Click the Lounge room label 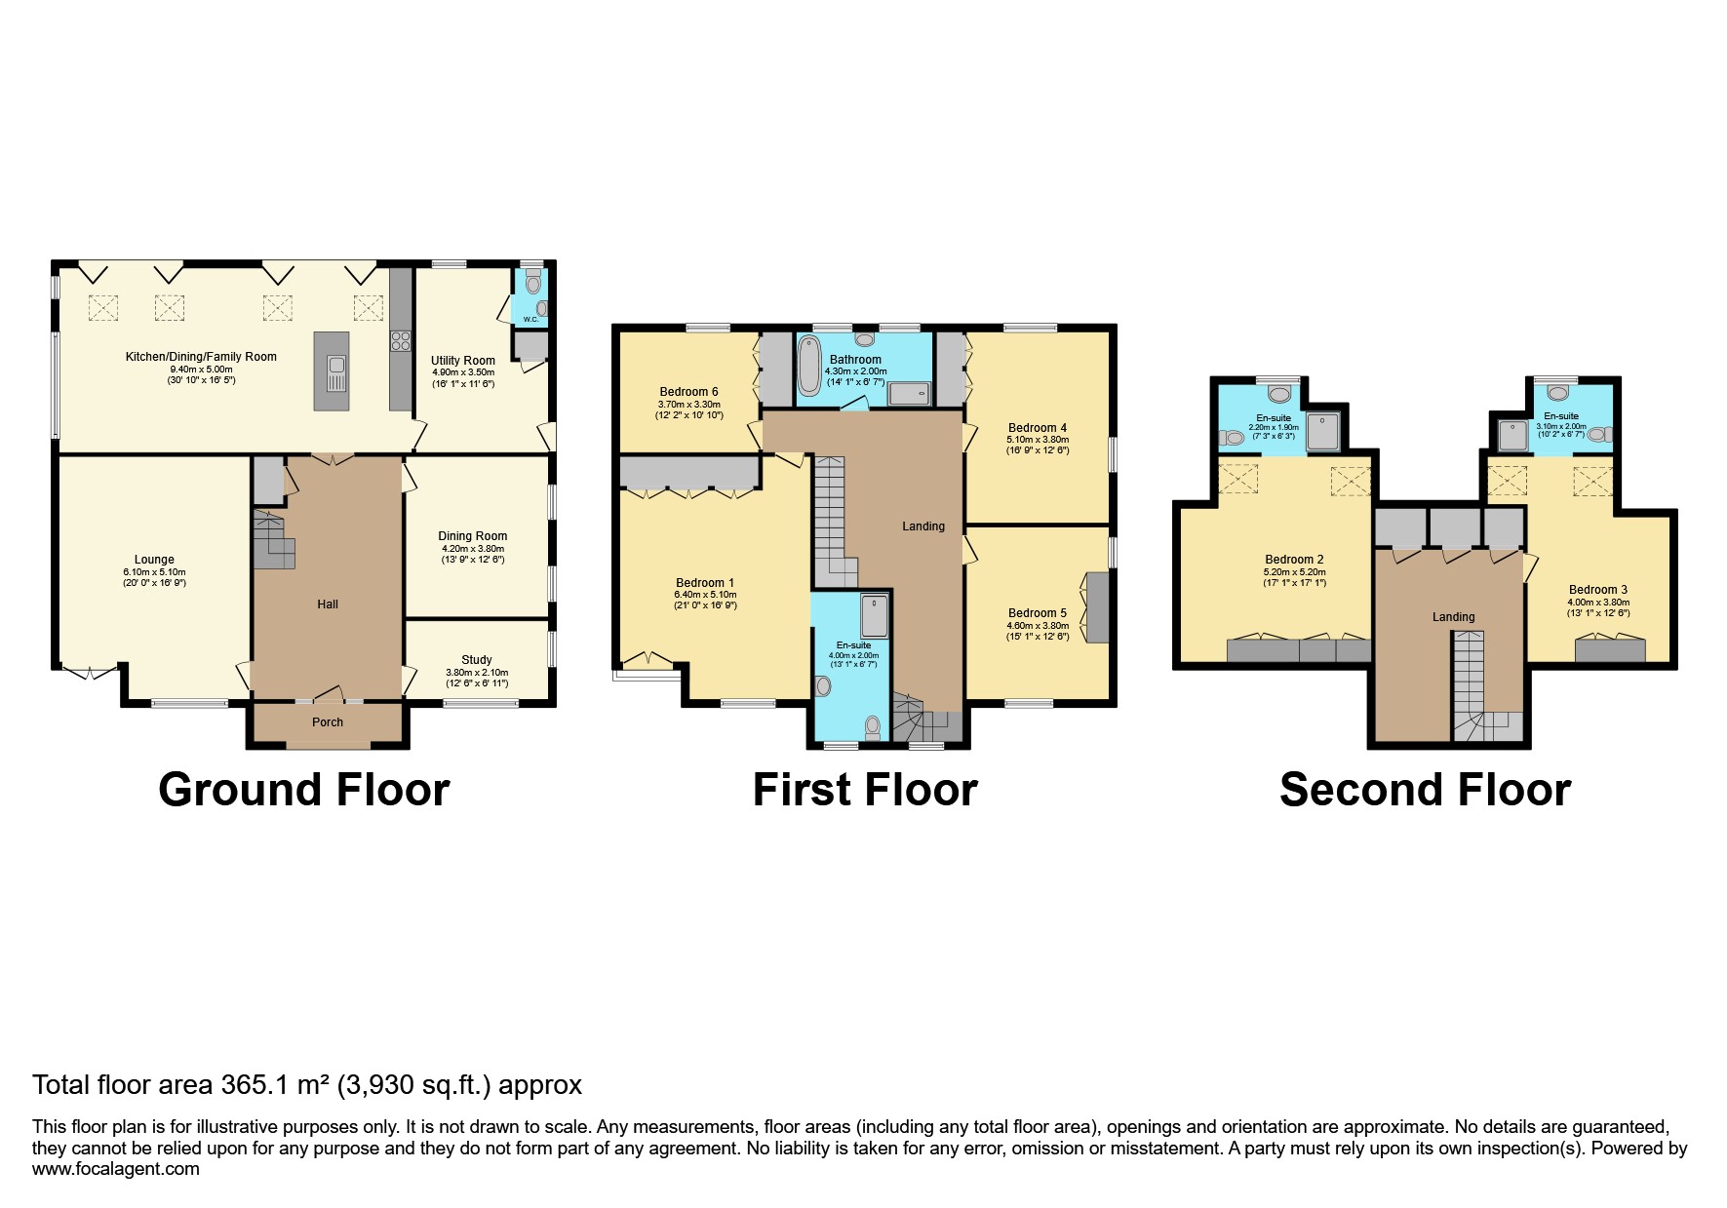[154, 560]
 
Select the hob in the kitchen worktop [401, 340]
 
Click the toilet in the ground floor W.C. [531, 283]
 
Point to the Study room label [476, 660]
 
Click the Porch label [328, 722]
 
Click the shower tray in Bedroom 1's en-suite [874, 615]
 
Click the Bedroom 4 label [1038, 428]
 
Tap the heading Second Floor [1425, 790]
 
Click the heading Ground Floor [304, 790]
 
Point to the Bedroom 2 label [1294, 560]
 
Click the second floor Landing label [1453, 617]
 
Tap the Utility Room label [463, 361]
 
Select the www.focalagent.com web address [116, 1169]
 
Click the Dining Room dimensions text [473, 548]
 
